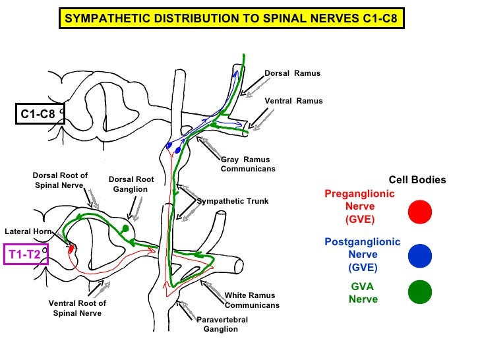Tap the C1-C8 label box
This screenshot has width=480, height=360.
click(38, 115)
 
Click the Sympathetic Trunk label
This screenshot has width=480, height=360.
click(233, 201)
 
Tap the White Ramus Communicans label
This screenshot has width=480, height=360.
click(252, 300)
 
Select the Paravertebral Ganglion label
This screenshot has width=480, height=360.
click(222, 324)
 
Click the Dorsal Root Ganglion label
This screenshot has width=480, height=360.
click(131, 184)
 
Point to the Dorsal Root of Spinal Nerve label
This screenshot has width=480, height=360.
click(60, 180)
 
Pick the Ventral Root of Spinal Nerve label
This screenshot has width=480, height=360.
click(77, 308)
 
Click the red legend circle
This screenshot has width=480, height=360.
click(420, 212)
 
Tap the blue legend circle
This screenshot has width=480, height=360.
click(420, 254)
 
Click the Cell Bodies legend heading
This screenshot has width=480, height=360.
click(417, 180)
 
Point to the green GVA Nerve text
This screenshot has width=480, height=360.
click(363, 293)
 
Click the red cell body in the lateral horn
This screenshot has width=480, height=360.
click(71, 249)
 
